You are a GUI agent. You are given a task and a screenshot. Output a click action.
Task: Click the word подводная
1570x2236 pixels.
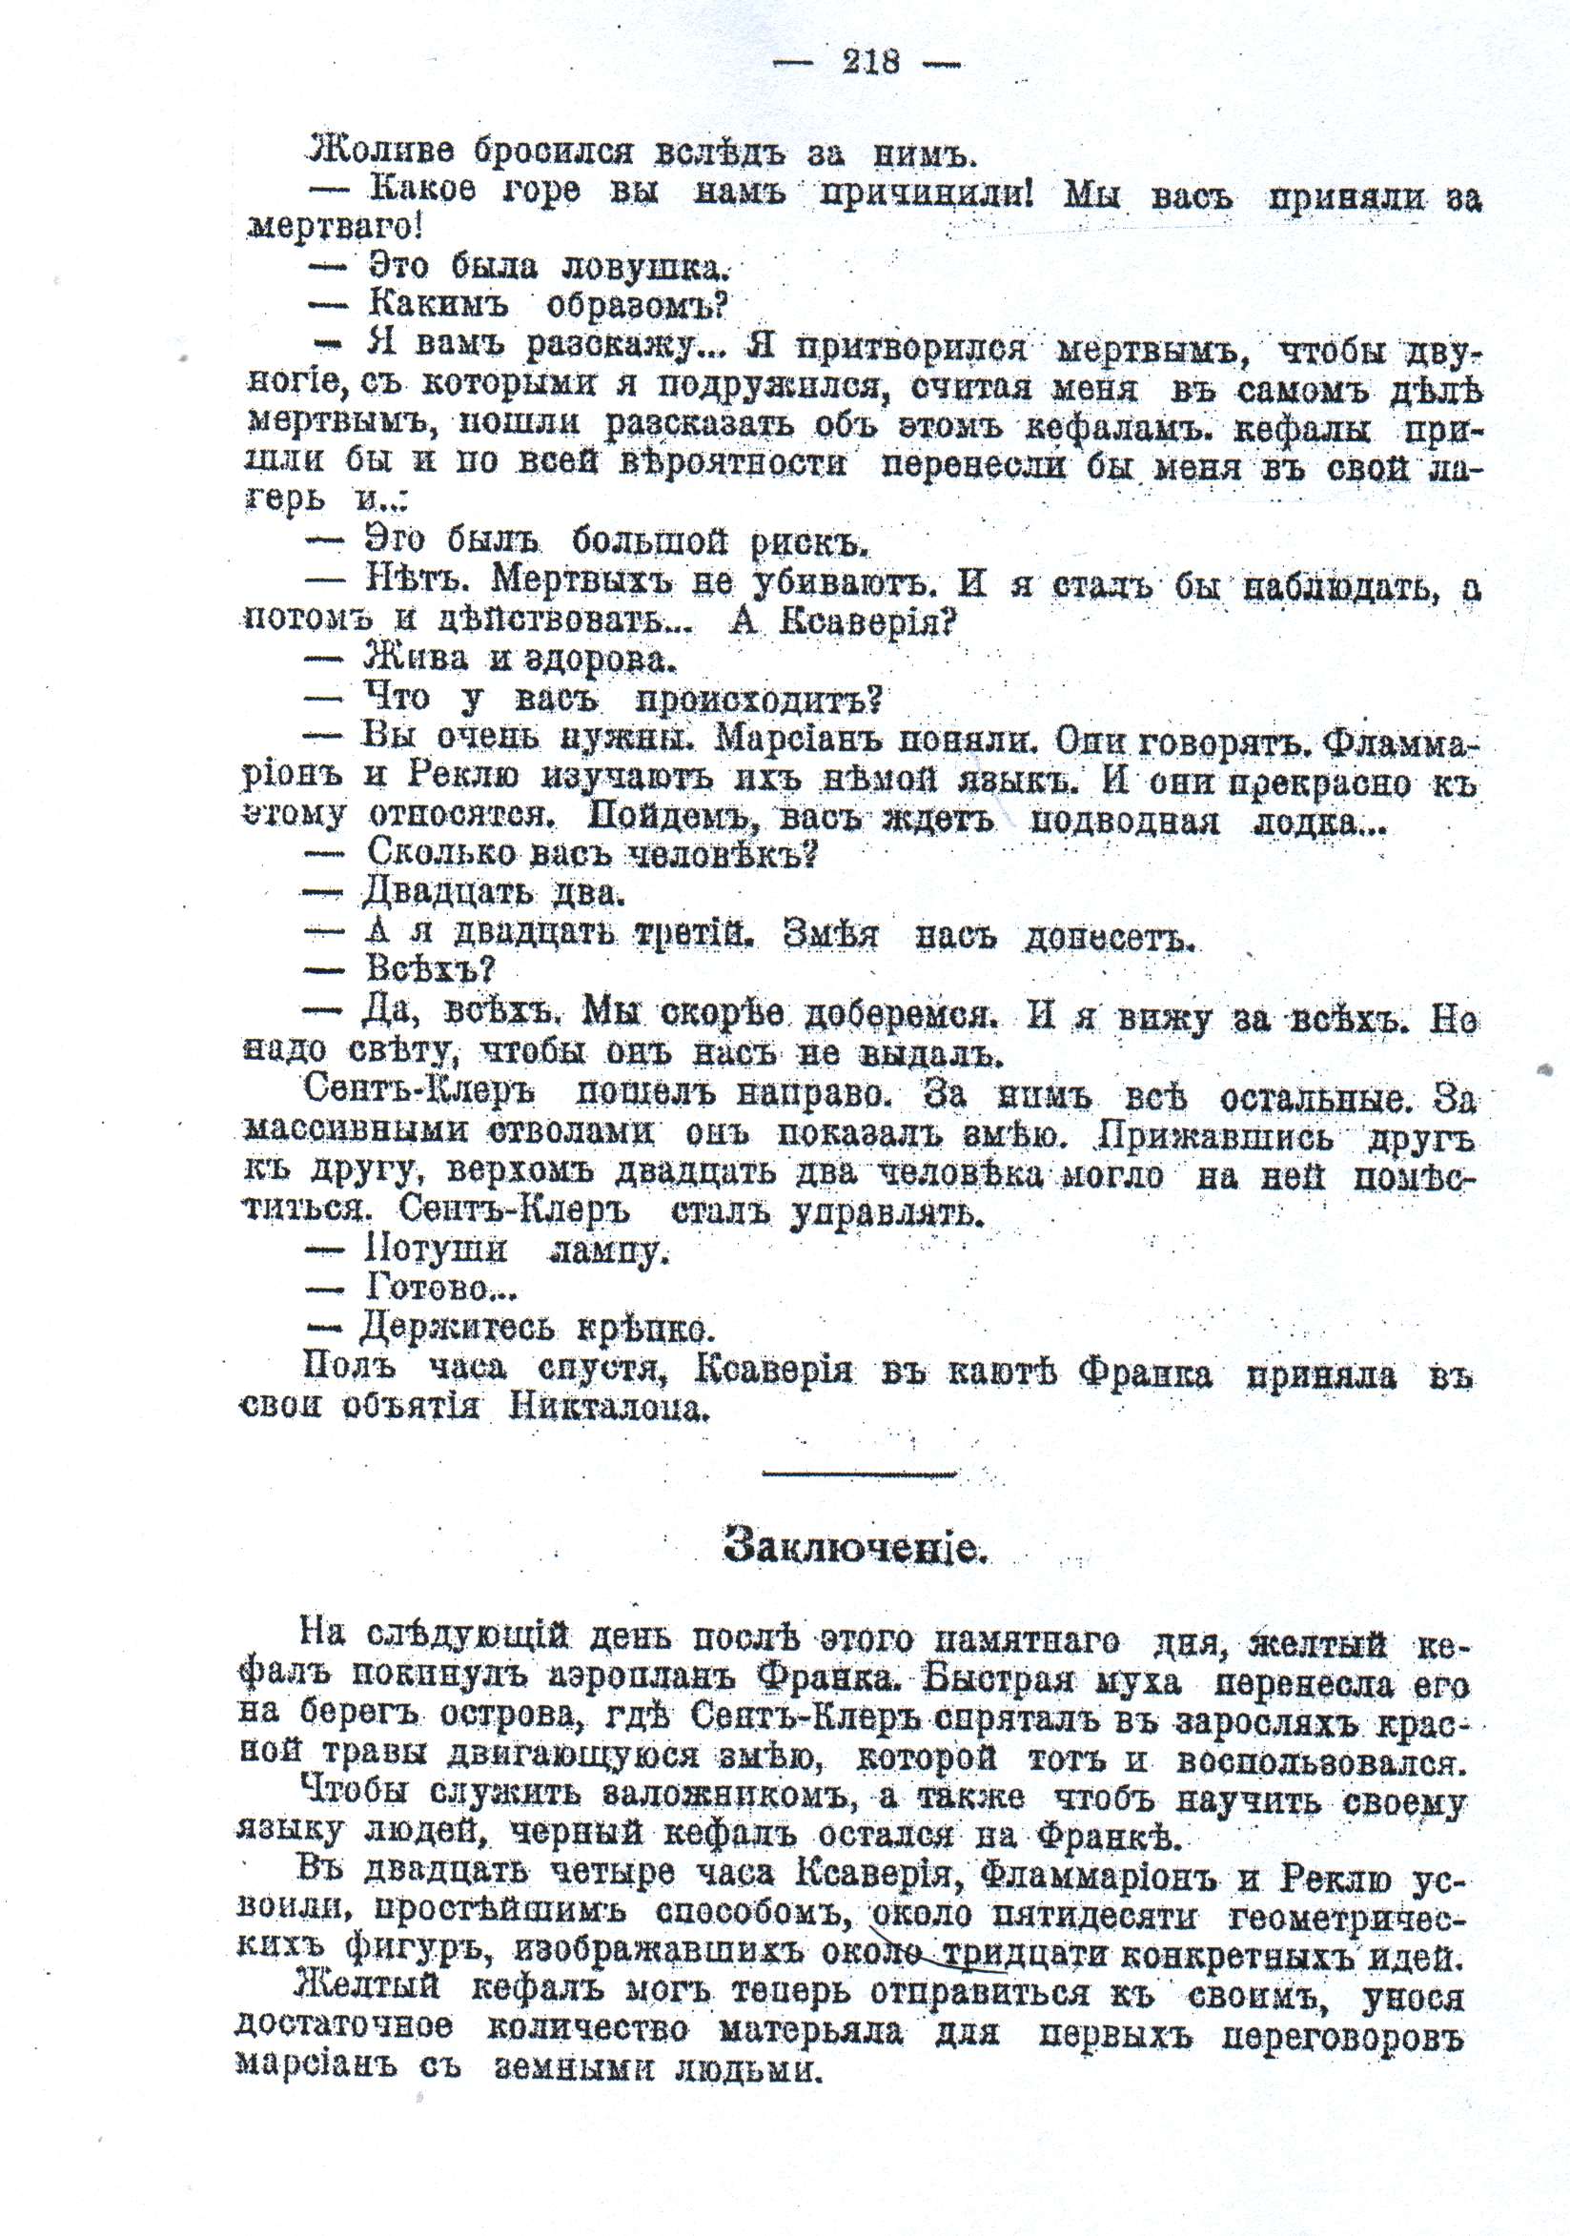1125,821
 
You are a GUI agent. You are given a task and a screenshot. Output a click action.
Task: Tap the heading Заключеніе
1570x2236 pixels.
856,1547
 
